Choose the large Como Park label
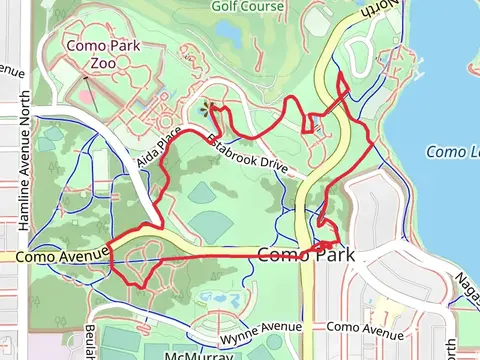coord(306,255)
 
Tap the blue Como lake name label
coord(453,152)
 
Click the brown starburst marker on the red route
coord(208,106)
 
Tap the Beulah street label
coord(89,340)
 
